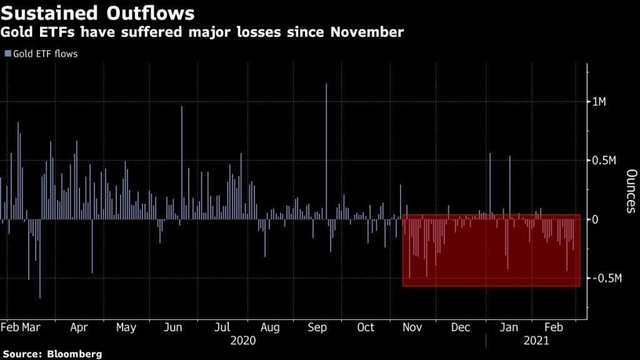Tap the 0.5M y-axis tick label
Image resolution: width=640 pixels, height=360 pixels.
604,161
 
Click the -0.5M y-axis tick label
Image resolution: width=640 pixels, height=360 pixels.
606,278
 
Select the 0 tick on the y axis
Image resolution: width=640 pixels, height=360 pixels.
596,219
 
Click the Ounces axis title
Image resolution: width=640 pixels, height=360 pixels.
631,191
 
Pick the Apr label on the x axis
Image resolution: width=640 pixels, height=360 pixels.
79,327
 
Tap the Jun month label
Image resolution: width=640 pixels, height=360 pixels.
173,327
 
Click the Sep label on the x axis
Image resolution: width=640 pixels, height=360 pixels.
318,327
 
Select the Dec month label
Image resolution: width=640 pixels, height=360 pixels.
461,327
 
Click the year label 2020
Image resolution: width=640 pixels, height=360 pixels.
242,341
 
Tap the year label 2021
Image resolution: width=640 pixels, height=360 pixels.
536,341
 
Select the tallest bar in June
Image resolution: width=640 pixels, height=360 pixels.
182,162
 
